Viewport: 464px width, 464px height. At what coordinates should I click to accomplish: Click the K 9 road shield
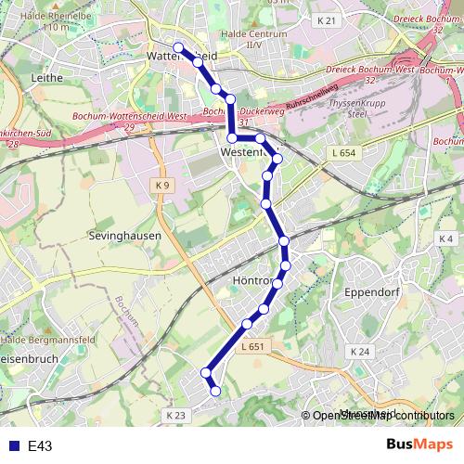coord(163,186)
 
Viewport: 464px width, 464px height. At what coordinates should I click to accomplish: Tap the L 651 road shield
coord(252,347)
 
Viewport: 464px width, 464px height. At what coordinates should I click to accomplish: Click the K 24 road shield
coord(360,352)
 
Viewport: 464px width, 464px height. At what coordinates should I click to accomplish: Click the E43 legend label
coord(39,446)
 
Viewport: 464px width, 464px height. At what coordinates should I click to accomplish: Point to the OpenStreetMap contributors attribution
coord(383,417)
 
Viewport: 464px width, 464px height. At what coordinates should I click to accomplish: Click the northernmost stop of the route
coord(177,48)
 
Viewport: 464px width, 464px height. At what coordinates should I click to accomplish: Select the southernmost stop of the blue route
coord(216,392)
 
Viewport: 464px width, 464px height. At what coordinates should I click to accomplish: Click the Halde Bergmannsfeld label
coord(42,342)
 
